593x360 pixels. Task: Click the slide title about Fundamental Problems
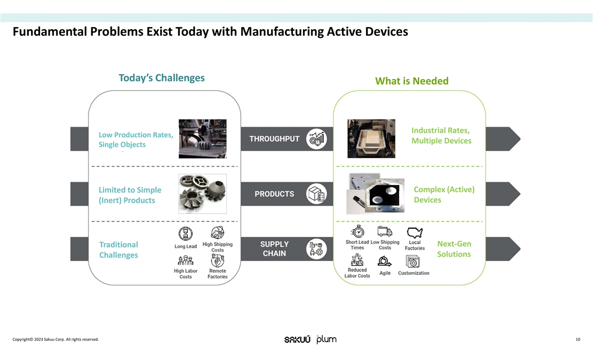click(x=211, y=32)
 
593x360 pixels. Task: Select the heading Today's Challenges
click(x=162, y=78)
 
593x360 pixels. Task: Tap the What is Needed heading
click(x=412, y=81)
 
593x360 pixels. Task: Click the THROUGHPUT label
click(x=274, y=139)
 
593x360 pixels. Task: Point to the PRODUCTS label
click(x=274, y=194)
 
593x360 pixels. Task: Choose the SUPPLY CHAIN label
click(x=274, y=249)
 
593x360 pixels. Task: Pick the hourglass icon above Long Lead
click(x=185, y=234)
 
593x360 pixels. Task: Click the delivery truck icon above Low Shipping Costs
click(x=384, y=231)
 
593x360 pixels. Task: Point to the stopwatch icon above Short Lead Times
click(x=357, y=231)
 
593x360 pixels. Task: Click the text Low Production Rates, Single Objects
click(x=136, y=140)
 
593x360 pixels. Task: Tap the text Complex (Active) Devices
click(x=444, y=194)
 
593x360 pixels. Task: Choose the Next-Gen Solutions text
click(x=454, y=249)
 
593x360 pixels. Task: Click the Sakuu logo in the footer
click(x=297, y=339)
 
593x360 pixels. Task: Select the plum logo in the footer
click(x=327, y=339)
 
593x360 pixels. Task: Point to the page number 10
click(x=578, y=339)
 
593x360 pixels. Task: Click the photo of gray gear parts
click(x=203, y=193)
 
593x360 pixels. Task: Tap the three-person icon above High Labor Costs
click(x=185, y=261)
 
